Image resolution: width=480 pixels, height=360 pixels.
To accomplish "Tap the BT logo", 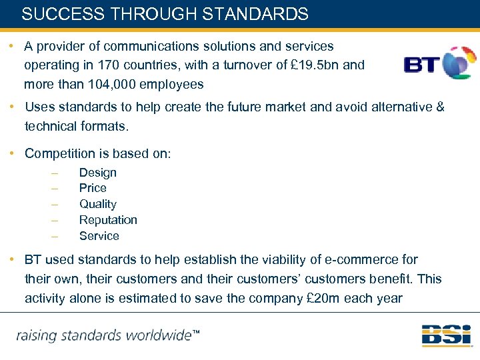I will (x=439, y=63).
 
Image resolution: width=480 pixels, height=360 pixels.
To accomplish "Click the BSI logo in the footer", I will (x=446, y=335).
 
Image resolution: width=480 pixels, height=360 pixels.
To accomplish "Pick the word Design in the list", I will (x=97, y=173).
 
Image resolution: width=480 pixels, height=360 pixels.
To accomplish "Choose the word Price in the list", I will (x=93, y=188).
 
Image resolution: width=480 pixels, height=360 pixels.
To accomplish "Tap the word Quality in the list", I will (x=97, y=204).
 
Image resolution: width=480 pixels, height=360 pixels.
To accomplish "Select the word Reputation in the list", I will (x=108, y=220).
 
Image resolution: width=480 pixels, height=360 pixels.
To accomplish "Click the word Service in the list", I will (x=99, y=236).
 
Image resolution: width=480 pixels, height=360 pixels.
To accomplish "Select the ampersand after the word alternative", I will (x=439, y=107).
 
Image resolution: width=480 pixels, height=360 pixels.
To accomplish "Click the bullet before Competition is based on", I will (x=13, y=154).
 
